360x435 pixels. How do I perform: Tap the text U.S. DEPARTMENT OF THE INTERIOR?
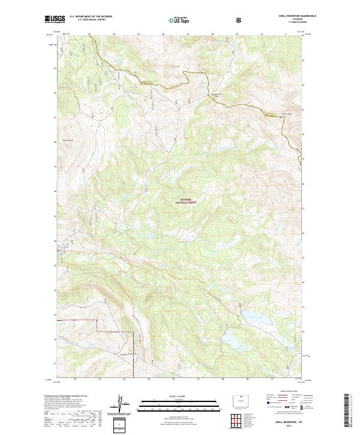91,17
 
